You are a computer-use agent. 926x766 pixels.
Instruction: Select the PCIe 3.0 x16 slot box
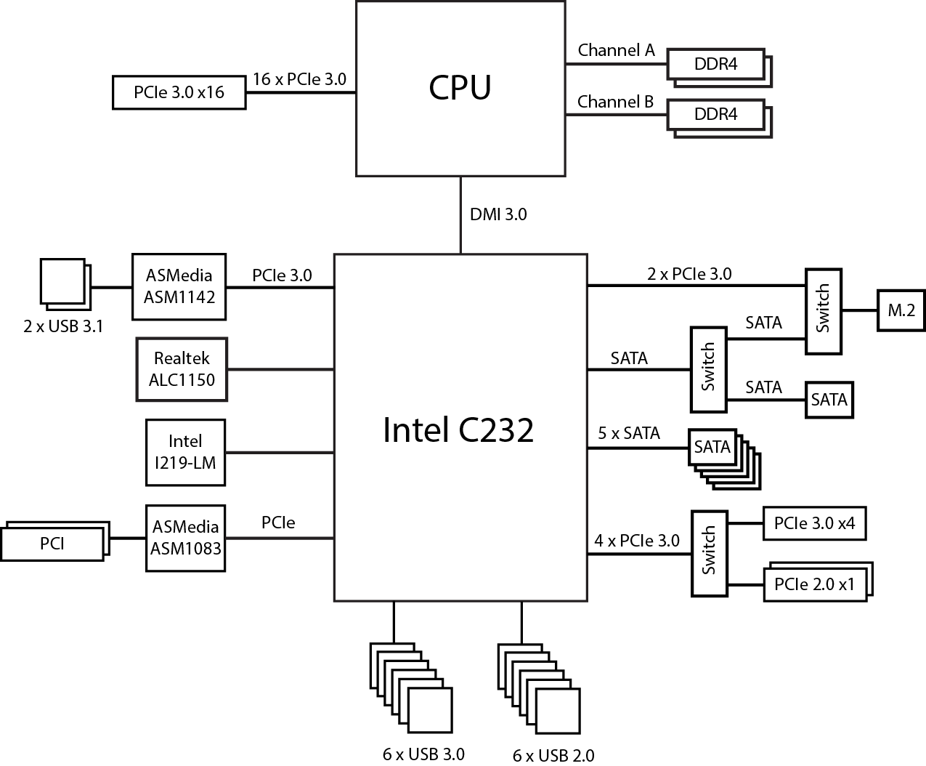179,92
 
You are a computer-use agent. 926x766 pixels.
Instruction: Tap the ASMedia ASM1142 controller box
179,286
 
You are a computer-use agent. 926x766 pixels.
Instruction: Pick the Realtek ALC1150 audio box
182,369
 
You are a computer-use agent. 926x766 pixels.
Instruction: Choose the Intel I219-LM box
185,452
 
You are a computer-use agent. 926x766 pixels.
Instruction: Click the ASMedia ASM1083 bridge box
185,538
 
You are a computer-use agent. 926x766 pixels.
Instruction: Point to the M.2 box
901,310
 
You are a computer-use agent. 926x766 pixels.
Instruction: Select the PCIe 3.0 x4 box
814,523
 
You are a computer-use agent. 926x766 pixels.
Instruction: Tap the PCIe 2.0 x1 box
814,584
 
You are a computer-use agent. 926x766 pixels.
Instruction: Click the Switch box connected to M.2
823,310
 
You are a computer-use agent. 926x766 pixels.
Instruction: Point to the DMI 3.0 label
498,214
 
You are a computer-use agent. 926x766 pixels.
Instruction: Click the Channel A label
616,50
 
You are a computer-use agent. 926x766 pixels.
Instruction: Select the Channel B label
616,102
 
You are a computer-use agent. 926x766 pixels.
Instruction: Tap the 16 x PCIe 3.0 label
299,79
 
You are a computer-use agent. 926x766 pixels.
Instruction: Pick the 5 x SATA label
629,434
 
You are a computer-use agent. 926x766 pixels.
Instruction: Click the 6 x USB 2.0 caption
553,756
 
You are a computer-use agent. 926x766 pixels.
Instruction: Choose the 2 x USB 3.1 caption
63,326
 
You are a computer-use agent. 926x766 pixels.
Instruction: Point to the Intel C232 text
458,430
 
